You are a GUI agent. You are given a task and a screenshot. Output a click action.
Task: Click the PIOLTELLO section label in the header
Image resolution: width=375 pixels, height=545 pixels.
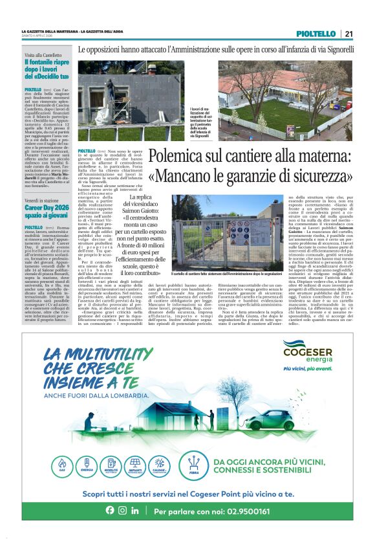[316, 34]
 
